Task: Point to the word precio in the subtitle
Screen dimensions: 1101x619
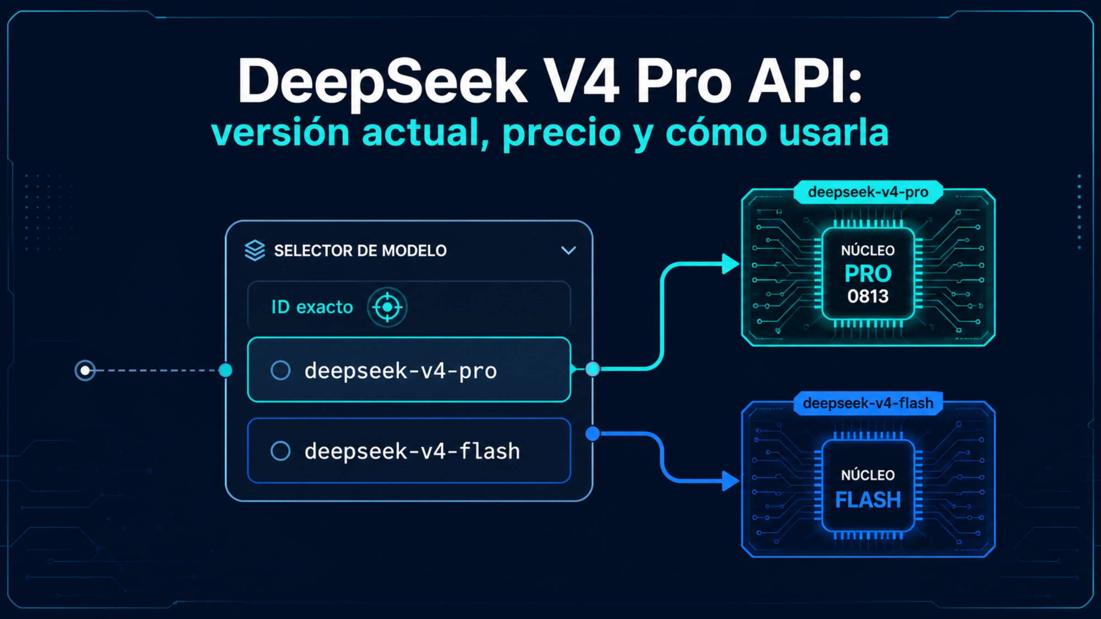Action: (562, 133)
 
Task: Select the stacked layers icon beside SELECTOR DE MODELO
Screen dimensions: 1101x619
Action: (255, 250)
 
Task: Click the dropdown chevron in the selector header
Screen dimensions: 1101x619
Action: (568, 250)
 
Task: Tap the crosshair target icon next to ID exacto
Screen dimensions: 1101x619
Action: (387, 307)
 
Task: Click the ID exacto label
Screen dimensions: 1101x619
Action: (312, 307)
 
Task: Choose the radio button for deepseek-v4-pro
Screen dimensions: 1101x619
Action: (280, 370)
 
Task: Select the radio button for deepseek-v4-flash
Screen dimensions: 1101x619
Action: (280, 451)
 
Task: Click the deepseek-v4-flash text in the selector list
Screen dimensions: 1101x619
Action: (412, 451)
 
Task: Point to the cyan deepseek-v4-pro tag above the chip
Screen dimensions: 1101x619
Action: (868, 192)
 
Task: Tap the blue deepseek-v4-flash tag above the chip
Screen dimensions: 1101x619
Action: (868, 403)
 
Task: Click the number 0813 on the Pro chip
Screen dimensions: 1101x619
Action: (868, 296)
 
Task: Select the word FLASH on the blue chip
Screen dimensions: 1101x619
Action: (868, 499)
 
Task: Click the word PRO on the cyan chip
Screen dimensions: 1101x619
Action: (868, 274)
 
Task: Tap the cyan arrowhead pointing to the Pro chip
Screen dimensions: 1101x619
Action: (730, 264)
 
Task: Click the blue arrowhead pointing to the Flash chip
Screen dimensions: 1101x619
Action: (730, 481)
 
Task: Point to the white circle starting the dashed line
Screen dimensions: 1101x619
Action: (85, 370)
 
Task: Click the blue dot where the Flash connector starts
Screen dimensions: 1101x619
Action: (593, 433)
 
